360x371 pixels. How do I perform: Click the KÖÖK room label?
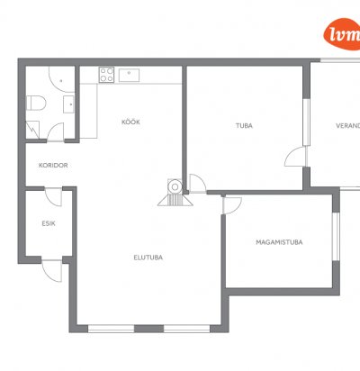click(130, 122)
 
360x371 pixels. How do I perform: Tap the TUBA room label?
click(244, 126)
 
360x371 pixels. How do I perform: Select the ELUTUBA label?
click(148, 258)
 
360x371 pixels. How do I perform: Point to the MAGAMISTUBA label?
click(279, 242)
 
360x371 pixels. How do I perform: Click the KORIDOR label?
click(53, 165)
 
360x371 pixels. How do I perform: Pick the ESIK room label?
click(49, 223)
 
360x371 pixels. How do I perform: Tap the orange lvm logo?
click(343, 34)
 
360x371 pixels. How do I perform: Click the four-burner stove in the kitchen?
click(107, 75)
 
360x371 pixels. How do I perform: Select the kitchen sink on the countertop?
click(129, 75)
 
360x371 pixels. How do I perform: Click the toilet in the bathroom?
click(36, 103)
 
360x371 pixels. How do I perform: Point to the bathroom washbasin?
click(68, 104)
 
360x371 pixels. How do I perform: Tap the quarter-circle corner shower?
click(61, 79)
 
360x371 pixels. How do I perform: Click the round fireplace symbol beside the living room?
click(175, 187)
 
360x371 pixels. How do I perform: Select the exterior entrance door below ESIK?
click(52, 271)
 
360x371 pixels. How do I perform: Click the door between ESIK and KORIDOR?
click(53, 197)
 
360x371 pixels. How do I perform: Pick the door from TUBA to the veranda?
click(296, 156)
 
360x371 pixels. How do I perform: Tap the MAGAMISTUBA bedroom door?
click(232, 204)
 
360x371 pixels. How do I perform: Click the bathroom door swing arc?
click(56, 131)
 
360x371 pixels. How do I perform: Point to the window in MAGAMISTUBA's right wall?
click(336, 237)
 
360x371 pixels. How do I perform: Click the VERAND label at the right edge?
click(348, 126)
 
